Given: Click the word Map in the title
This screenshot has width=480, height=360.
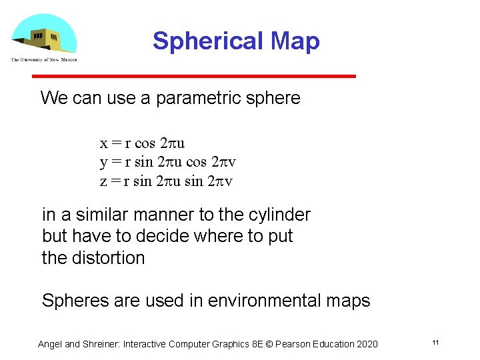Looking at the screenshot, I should tap(293, 41).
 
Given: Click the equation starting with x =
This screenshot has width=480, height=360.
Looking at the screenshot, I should tap(142, 143).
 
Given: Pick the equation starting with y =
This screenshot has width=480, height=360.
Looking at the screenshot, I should tap(167, 162).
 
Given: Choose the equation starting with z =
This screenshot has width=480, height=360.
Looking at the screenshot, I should tap(166, 181).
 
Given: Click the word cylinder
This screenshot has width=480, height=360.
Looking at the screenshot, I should tap(281, 215).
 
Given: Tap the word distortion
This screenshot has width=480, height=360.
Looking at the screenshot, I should tap(109, 258).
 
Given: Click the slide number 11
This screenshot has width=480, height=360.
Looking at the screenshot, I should tap(435, 343).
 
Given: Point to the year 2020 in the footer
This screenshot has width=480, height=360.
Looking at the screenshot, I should tap(366, 344).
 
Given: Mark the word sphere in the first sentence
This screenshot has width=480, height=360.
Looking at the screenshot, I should tap(273, 99).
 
